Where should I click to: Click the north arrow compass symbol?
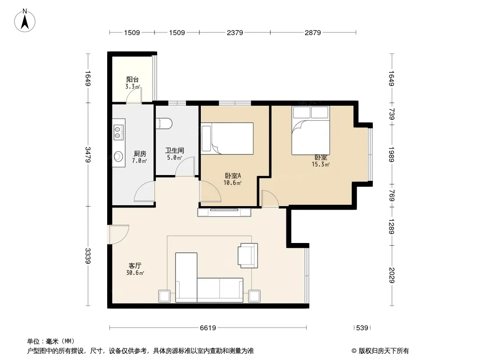click(x=25, y=20)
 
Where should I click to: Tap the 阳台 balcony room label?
click(x=132, y=80)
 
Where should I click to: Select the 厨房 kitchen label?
click(x=140, y=154)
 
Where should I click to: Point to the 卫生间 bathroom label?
click(x=175, y=150)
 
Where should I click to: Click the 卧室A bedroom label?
click(x=233, y=175)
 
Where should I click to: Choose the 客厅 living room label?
click(x=135, y=265)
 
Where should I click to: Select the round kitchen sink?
click(x=118, y=157)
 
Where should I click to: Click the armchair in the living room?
click(x=248, y=256)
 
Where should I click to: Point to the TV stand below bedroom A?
click(x=224, y=212)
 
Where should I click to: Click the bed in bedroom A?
click(x=227, y=139)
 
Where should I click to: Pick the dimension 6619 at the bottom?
click(x=208, y=328)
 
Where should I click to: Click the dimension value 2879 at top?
click(x=312, y=32)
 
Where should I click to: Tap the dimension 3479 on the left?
click(x=87, y=155)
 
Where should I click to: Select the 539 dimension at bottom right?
click(x=362, y=328)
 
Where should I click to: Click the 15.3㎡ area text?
click(x=321, y=165)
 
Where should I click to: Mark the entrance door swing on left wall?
click(x=118, y=234)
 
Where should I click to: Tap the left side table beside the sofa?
click(x=164, y=296)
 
